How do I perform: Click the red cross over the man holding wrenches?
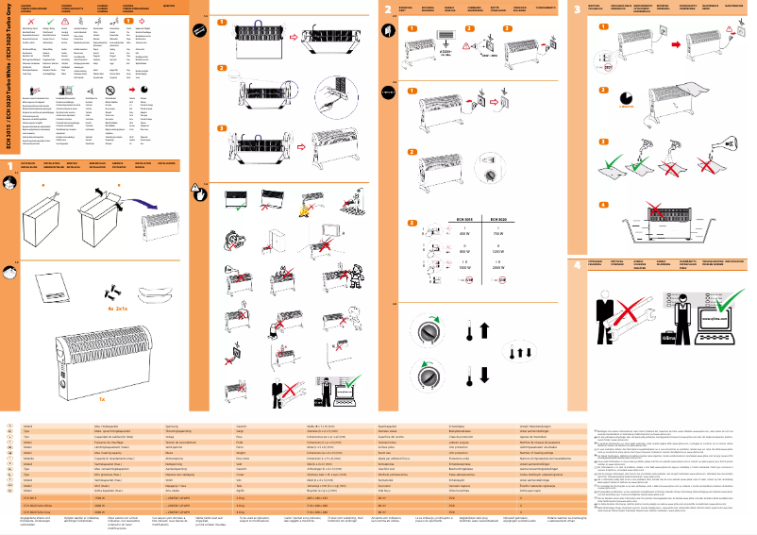(631, 311)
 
